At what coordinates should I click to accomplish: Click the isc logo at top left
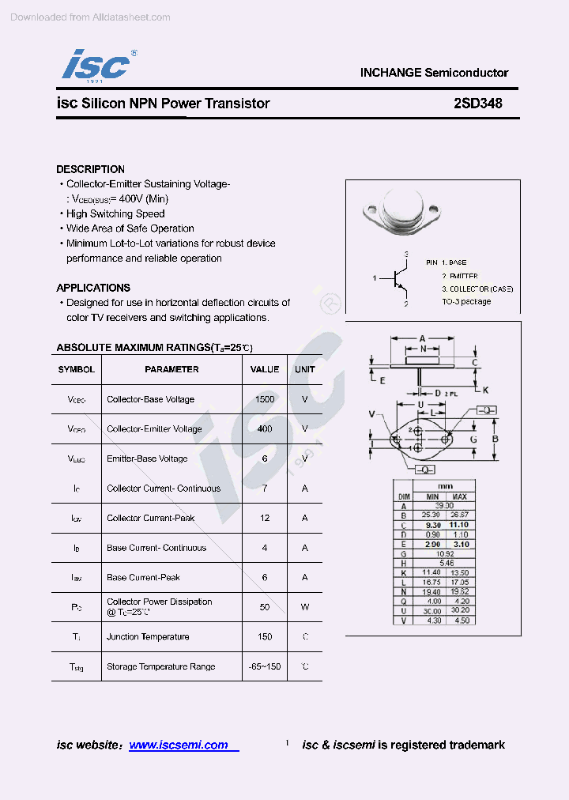coord(96,64)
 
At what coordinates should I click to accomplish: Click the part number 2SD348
coord(477,104)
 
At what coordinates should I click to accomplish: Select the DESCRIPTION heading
coord(90,169)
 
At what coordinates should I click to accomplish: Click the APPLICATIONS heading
coord(93,288)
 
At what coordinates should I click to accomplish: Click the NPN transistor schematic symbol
coord(397,278)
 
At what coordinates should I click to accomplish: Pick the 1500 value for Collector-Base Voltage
coord(265,399)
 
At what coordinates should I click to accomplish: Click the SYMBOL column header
coord(77,369)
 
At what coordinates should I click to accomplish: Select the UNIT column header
coord(305,369)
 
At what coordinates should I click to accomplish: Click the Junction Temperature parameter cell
coord(148,636)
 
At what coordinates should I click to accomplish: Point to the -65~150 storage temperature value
coord(265,666)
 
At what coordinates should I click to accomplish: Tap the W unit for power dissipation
coord(305,607)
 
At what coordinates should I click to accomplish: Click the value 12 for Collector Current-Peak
coord(265,518)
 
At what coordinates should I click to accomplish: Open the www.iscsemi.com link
coord(179,745)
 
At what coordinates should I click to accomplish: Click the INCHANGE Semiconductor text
coord(434,73)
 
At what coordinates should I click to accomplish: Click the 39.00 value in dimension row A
coord(444,506)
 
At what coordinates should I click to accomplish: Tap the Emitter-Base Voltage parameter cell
coord(147,458)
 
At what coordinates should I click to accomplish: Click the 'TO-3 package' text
coord(465,301)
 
